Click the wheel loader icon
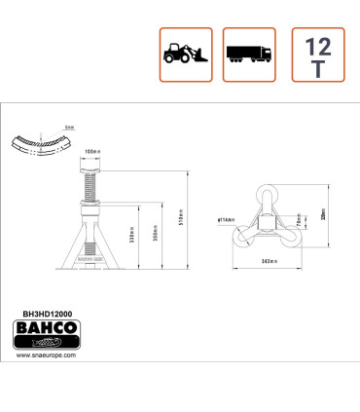(x=185, y=55)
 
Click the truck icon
(x=250, y=55)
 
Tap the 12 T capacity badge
(x=317, y=55)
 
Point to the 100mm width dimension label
(x=94, y=152)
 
